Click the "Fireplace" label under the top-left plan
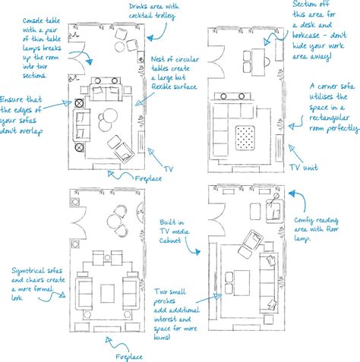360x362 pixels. pos(149,178)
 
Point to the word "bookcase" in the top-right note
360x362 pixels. pos(312,34)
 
